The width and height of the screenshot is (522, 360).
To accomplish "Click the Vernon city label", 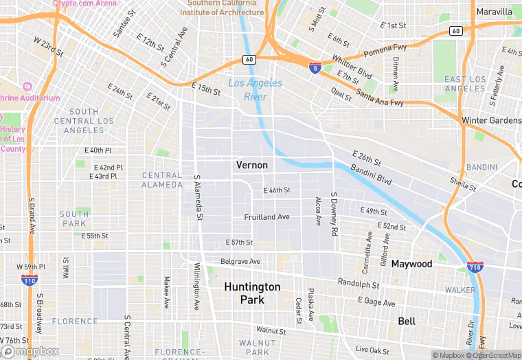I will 251,165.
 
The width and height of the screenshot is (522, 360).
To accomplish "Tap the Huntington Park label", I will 252,293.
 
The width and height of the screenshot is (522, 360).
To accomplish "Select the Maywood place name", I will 411,264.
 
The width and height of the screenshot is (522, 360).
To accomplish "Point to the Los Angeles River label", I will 255,90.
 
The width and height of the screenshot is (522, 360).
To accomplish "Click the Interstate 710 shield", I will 474,267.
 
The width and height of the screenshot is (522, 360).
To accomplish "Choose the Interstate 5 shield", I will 314,69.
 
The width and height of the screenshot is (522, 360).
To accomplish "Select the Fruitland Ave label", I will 266,217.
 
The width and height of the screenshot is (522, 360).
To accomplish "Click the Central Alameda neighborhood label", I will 162,180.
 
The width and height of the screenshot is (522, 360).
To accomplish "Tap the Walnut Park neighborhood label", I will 257,347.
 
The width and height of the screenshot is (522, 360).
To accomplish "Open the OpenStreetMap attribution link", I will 493,355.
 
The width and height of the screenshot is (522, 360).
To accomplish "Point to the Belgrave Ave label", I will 240,262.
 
